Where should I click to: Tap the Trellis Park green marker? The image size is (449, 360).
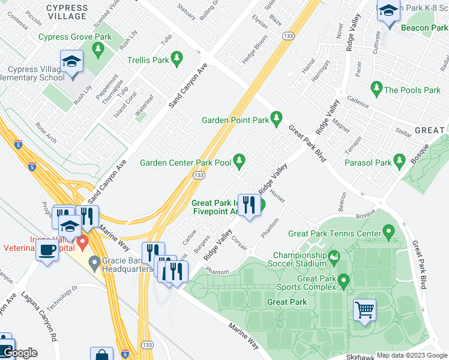point(176,59)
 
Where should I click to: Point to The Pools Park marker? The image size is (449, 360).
point(376,89)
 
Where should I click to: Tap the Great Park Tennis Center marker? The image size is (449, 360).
point(388,232)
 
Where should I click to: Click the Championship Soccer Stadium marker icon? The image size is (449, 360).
point(334,257)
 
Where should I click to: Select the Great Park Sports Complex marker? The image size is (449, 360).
point(343,280)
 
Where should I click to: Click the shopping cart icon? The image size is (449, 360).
point(364,310)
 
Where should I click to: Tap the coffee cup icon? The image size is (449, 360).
point(47,249)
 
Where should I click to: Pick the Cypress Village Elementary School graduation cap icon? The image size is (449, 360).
point(71,63)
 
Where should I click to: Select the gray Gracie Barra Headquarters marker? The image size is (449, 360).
point(94,262)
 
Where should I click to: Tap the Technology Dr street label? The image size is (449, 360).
point(62,296)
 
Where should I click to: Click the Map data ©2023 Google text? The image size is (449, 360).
point(411,355)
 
